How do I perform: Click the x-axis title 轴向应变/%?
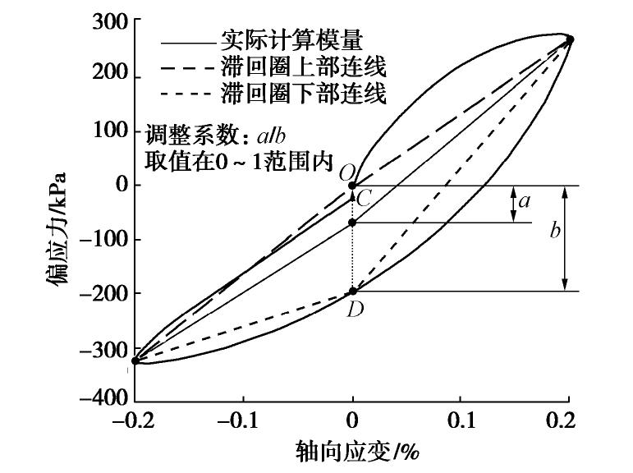tap(353, 451)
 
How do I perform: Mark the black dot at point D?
tap(353, 291)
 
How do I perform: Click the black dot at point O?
tap(353, 186)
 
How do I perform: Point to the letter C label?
tap(365, 197)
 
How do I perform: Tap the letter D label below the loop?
tap(355, 310)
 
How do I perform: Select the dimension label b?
tap(555, 232)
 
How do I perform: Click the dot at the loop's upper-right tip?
tap(570, 39)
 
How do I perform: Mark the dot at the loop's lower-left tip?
tap(136, 360)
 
